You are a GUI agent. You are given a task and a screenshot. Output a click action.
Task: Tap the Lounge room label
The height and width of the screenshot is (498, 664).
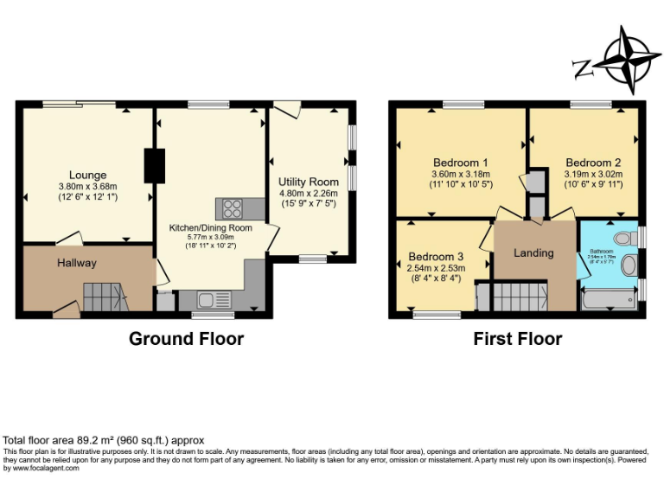(x=88, y=175)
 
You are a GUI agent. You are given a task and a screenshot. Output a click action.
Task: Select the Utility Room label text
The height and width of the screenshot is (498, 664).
(x=308, y=182)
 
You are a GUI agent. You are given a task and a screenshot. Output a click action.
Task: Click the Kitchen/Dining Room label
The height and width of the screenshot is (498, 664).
(x=210, y=227)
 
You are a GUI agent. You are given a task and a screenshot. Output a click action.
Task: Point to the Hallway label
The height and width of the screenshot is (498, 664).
(x=77, y=263)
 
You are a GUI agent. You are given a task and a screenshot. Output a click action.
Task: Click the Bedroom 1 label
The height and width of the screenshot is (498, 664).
(x=461, y=163)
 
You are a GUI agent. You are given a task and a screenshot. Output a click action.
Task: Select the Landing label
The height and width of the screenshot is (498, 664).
(x=533, y=252)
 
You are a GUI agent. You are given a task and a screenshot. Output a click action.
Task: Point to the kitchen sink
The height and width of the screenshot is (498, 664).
(x=208, y=300)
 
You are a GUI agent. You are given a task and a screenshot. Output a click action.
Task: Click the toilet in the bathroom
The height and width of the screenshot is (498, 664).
(x=623, y=239)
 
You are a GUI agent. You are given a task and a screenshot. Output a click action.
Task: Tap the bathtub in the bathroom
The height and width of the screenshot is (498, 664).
(x=609, y=300)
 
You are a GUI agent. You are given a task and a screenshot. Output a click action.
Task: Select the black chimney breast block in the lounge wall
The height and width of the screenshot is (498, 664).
(x=155, y=165)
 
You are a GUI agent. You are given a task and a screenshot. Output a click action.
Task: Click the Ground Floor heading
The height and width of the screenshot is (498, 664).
(x=186, y=339)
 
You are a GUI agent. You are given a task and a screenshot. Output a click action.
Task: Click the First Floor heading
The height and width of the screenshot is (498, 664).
(x=517, y=339)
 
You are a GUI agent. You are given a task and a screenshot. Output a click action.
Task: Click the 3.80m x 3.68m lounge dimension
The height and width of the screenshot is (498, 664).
(x=87, y=186)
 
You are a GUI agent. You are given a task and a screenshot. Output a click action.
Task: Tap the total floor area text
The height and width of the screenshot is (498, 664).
(x=105, y=440)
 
